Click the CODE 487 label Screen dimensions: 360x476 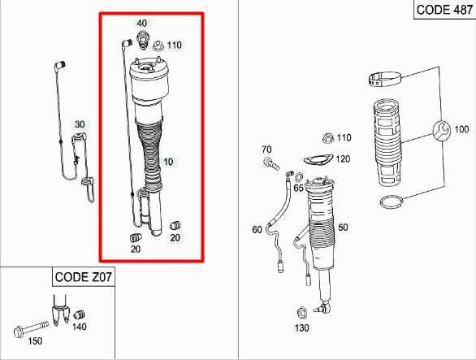tap(444, 10)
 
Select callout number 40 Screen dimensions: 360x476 tap(142, 23)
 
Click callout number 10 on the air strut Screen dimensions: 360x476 tap(168, 162)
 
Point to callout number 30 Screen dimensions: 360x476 tap(80, 124)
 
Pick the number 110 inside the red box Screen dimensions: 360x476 tap(175, 44)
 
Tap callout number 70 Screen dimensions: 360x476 tap(266, 150)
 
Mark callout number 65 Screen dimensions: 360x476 tap(299, 188)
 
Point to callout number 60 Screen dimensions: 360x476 tap(257, 230)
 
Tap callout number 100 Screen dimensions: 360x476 tap(461, 130)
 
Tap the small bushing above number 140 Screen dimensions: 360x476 tap(80, 315)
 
